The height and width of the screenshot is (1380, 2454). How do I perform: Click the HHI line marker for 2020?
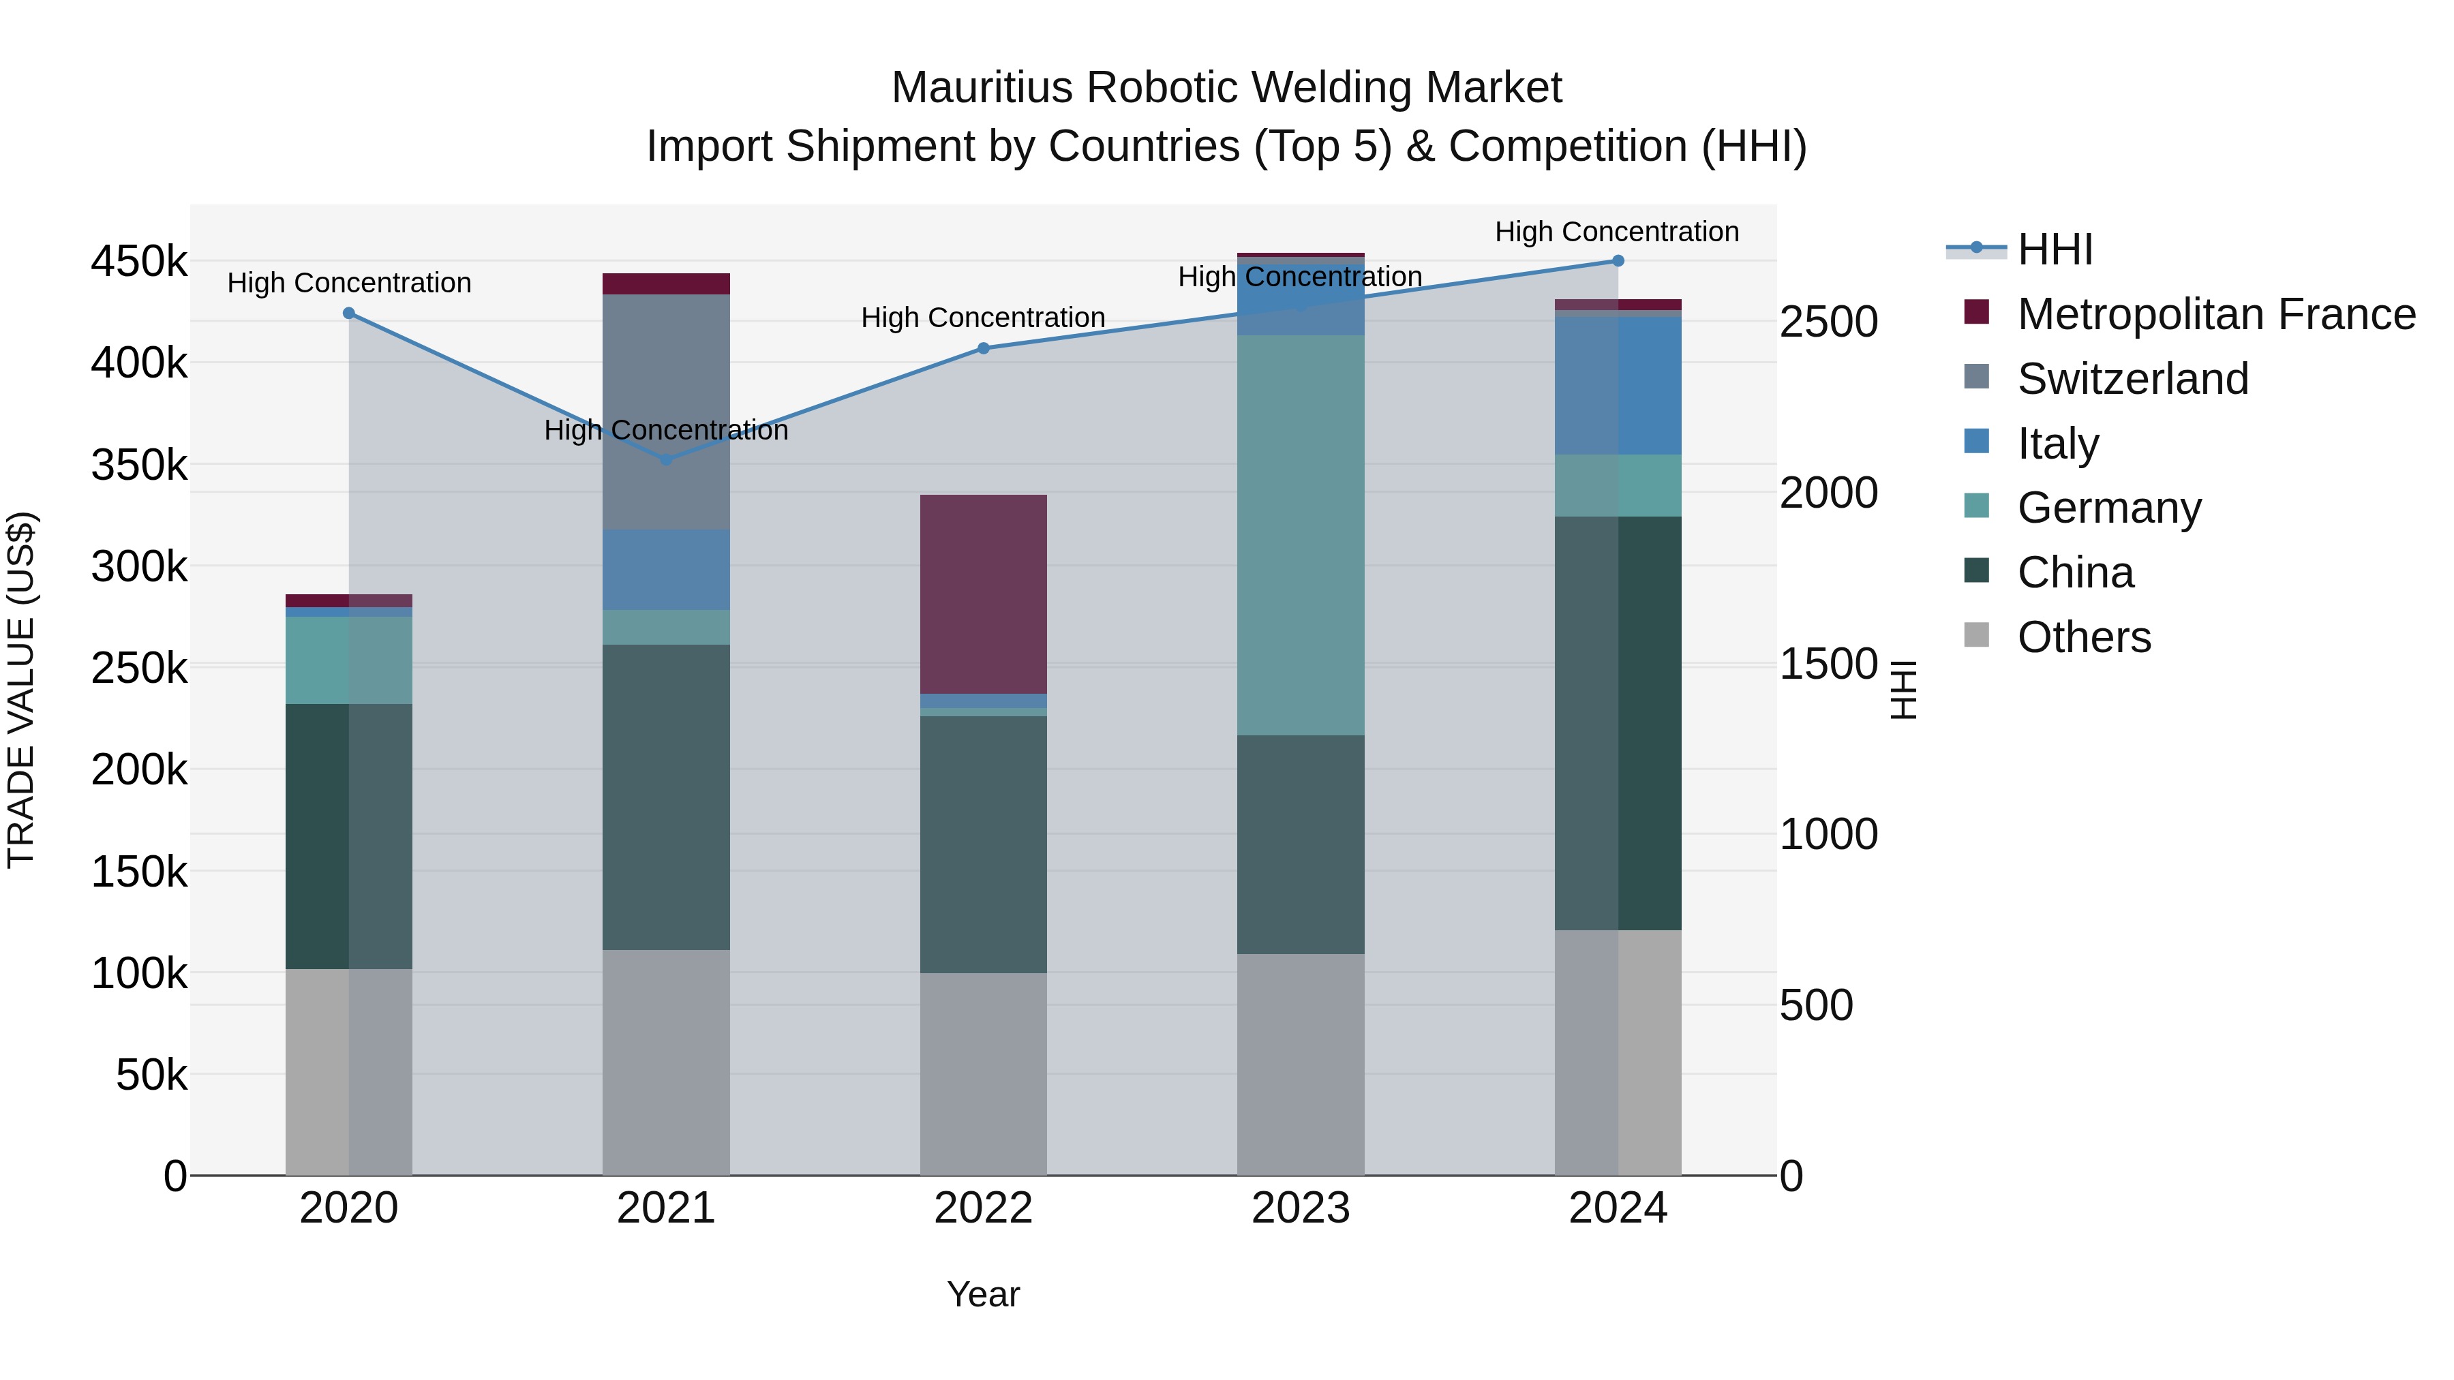[348, 313]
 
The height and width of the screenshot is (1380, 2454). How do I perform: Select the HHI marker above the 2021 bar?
[666, 459]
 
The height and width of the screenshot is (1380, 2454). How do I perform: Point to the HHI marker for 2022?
[983, 348]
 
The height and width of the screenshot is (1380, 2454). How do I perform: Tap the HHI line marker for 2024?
[1618, 261]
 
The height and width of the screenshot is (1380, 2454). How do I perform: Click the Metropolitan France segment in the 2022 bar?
[983, 594]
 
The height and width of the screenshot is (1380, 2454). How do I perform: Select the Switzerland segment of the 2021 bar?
[666, 412]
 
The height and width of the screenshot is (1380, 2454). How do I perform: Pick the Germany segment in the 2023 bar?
[1301, 535]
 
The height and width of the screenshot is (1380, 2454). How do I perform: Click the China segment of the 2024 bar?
[1618, 723]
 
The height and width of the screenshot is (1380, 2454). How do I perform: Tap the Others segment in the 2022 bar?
[983, 1073]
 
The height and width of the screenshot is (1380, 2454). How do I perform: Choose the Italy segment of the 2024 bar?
[1618, 385]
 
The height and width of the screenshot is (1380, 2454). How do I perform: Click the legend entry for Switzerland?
[2133, 379]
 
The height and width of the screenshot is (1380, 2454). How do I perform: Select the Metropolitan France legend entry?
[2216, 314]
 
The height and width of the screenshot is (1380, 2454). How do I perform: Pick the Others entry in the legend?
[2083, 637]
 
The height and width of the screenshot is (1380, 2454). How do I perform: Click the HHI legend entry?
[2055, 249]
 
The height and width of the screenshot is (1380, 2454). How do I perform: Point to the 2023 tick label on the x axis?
[1301, 1208]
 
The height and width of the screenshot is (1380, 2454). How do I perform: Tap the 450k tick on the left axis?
[139, 261]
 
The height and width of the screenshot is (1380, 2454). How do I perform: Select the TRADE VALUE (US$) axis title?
[21, 690]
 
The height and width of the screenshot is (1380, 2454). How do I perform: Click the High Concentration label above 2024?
[1617, 232]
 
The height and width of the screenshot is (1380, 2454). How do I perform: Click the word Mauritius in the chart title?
[981, 88]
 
